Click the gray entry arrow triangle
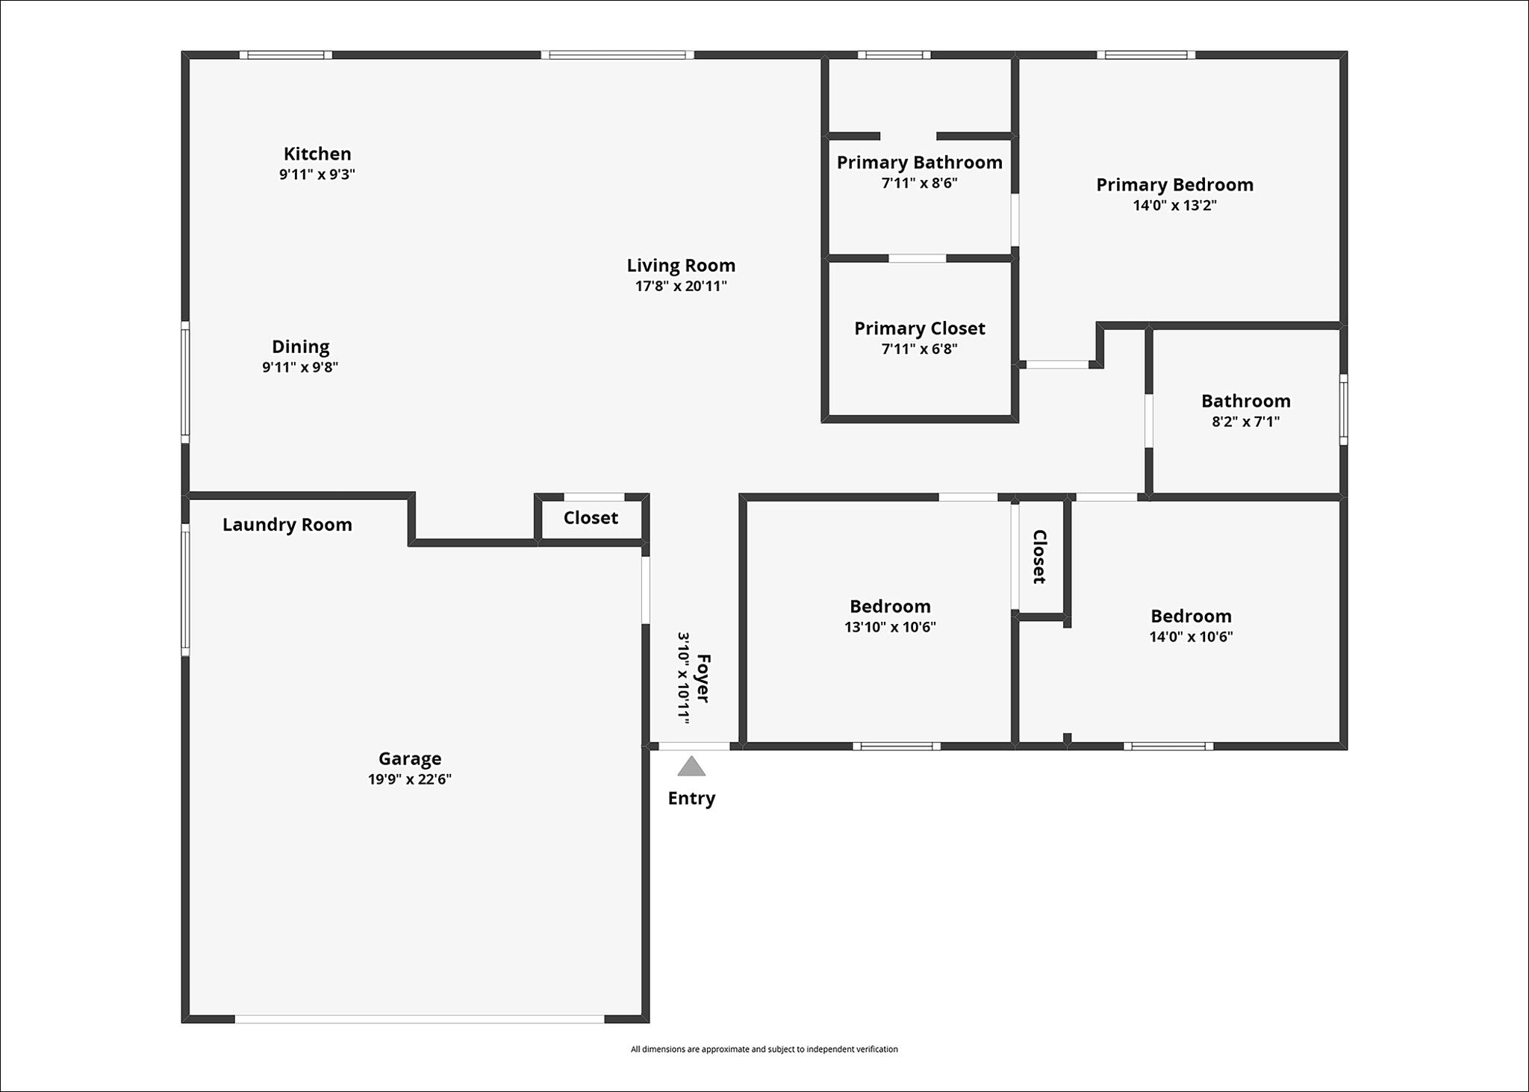click(691, 767)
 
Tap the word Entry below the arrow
click(691, 799)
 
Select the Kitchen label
click(317, 154)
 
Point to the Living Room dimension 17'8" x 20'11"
click(681, 286)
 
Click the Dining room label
click(300, 347)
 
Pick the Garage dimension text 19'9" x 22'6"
click(410, 779)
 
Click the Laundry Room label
click(287, 525)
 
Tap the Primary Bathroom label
click(920, 163)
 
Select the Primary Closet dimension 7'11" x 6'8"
click(920, 349)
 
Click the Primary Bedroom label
click(1175, 185)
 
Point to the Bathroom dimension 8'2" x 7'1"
click(1245, 421)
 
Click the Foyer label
click(703, 678)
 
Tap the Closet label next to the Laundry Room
click(591, 518)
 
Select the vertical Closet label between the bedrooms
click(1039, 557)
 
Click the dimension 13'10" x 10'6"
click(890, 627)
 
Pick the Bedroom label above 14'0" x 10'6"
click(1191, 617)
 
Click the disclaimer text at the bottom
click(764, 1049)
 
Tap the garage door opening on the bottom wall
click(420, 1019)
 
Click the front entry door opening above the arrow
click(694, 746)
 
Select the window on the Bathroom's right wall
click(1344, 410)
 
